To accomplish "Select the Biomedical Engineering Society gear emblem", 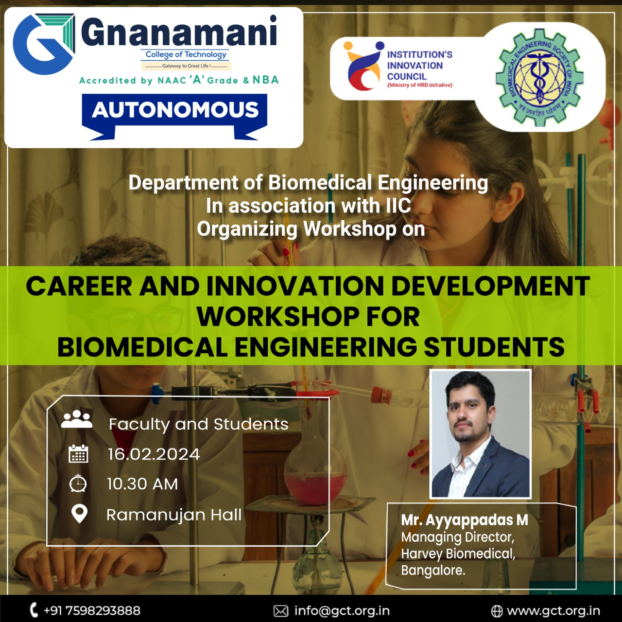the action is tap(539, 77).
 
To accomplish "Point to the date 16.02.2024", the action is tap(154, 454).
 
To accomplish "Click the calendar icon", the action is tap(78, 453).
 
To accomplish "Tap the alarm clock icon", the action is tap(78, 483).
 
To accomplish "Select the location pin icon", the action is tap(79, 514).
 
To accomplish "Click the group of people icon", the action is tap(77, 419).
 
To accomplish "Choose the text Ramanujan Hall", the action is tap(174, 515).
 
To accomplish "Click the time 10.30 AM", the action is tap(142, 484).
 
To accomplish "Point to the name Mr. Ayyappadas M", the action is tap(465, 520).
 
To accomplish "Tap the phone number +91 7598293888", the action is tap(92, 611).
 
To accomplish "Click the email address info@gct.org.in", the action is tap(342, 611).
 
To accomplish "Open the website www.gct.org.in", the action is tap(553, 611).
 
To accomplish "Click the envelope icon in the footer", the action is tap(281, 611).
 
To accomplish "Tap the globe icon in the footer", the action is tap(497, 611).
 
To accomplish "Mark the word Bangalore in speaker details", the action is tap(433, 570).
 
